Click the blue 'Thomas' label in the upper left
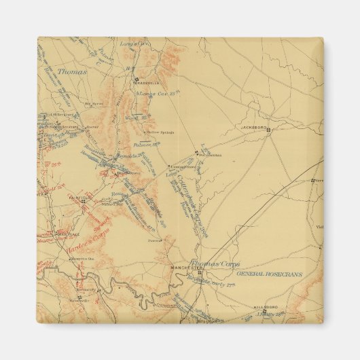point(72,70)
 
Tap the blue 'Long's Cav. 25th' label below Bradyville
point(152,93)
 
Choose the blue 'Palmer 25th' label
point(145,144)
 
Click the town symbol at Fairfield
point(83,201)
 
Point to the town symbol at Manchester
point(198,272)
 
